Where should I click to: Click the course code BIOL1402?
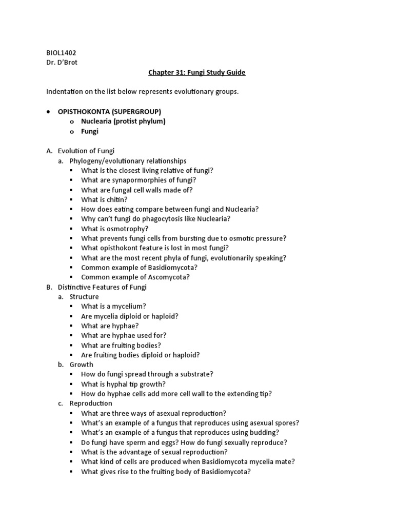click(61, 53)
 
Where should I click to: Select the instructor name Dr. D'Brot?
click(63, 63)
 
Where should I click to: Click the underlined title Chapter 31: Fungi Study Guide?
click(197, 72)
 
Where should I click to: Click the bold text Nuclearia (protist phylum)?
click(123, 122)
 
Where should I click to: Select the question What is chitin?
click(104, 199)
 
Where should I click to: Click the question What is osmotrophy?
click(114, 229)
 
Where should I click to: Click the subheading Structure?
click(84, 297)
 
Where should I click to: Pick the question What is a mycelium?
click(113, 307)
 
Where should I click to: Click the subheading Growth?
click(82, 365)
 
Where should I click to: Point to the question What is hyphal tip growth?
click(123, 385)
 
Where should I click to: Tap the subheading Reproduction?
click(91, 403)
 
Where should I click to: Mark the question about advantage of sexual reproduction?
click(154, 452)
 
